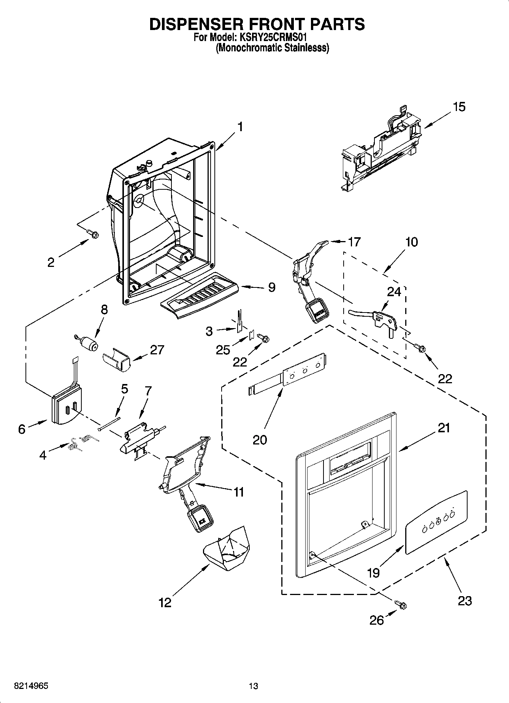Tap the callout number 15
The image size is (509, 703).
point(459,107)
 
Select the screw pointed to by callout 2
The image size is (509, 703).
point(92,234)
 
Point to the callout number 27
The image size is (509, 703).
point(157,349)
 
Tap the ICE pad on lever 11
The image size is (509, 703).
point(200,518)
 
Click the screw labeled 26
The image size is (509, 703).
point(401,604)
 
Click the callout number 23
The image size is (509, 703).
point(465,600)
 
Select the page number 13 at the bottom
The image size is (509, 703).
point(253,686)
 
